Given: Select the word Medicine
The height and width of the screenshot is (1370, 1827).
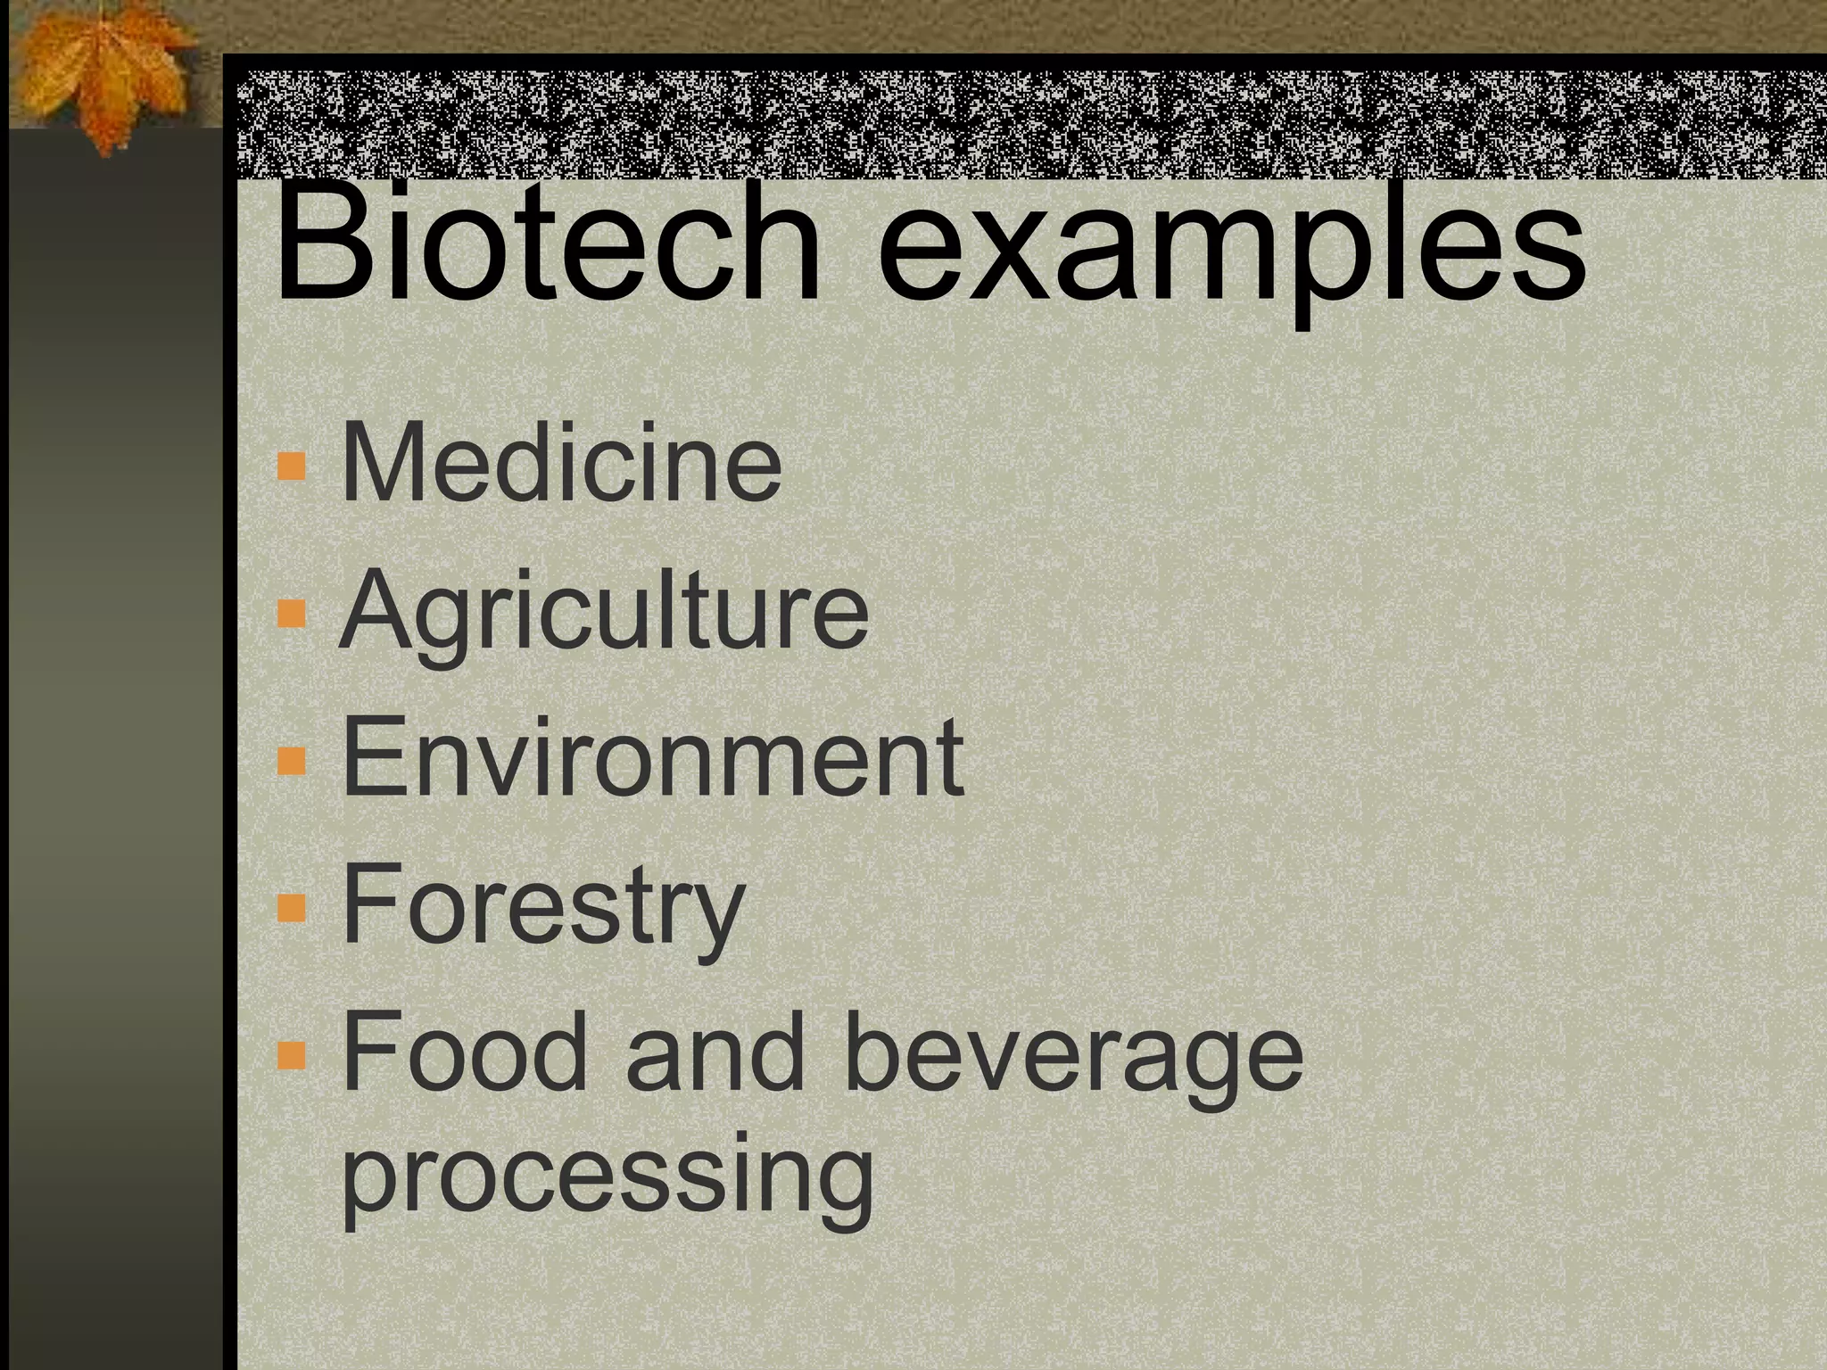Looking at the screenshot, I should click(x=560, y=465).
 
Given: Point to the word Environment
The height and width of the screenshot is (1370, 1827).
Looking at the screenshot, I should click(x=652, y=759).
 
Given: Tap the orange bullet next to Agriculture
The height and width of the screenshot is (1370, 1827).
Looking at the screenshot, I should click(x=292, y=614).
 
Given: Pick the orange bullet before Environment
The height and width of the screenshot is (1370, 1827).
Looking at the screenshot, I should click(x=292, y=760).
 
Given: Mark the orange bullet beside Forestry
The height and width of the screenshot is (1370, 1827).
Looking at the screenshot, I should click(x=292, y=907).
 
